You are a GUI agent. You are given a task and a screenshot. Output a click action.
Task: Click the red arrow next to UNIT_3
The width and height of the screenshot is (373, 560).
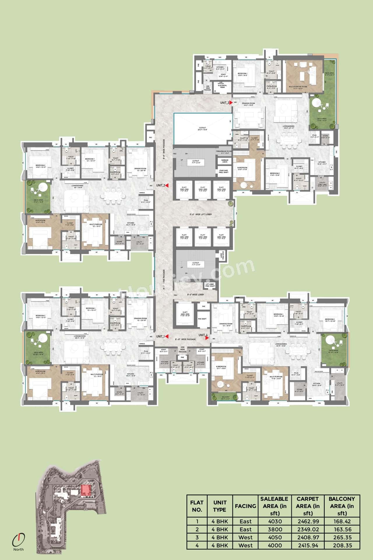(231, 103)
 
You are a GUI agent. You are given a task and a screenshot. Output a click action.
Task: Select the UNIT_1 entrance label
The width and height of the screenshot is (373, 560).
(160, 336)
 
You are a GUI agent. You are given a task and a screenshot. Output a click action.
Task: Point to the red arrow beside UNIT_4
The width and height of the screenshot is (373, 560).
(207, 338)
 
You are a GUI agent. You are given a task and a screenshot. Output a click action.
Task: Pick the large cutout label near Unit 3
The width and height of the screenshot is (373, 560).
(202, 129)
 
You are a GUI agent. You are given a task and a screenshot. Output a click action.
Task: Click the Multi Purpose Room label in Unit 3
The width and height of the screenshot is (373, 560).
(298, 87)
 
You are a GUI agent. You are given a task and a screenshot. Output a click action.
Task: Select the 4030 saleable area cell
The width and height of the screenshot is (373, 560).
(275, 521)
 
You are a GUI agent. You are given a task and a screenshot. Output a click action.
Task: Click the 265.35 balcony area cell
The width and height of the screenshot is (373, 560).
(342, 537)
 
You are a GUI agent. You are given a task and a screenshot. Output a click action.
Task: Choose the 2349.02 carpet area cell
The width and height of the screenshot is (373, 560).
(308, 529)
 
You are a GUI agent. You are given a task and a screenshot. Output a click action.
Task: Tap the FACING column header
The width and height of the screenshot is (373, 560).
(245, 506)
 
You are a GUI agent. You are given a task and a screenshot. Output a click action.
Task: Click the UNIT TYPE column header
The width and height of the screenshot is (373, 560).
(220, 506)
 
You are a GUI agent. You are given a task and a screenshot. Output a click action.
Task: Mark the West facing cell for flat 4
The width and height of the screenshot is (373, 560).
(245, 545)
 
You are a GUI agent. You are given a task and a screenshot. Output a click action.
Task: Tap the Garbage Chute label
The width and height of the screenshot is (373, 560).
(225, 161)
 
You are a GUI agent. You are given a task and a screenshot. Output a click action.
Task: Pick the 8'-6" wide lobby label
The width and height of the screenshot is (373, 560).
(196, 294)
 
